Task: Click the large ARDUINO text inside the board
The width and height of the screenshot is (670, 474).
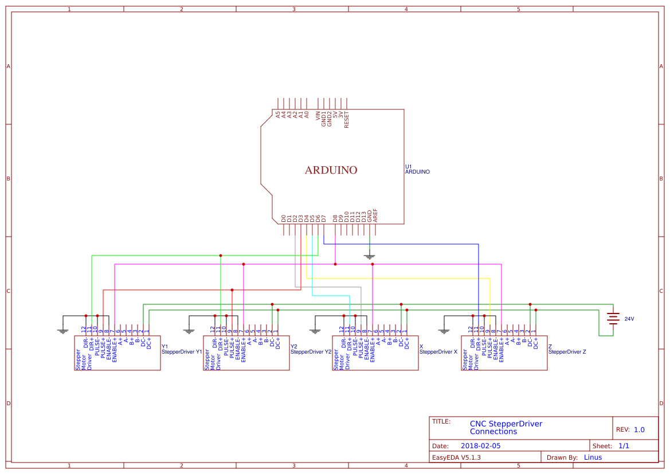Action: click(331, 170)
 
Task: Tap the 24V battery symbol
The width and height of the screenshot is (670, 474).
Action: click(613, 319)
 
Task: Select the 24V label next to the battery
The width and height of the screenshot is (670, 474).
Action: click(629, 319)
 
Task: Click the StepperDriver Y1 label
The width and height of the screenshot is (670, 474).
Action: click(182, 351)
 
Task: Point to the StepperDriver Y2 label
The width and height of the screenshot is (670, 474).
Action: click(311, 351)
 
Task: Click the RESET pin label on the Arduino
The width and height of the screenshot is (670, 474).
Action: click(347, 119)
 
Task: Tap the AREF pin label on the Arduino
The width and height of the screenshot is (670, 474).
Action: click(375, 216)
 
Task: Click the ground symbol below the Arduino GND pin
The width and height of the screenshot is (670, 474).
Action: click(370, 256)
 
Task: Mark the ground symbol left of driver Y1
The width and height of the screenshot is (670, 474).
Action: click(63, 330)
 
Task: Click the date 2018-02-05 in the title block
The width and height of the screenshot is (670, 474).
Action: click(480, 445)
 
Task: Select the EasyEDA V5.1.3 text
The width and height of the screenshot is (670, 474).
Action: click(456, 457)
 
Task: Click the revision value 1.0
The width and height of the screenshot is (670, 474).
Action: click(639, 429)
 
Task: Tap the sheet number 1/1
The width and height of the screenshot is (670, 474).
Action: click(624, 445)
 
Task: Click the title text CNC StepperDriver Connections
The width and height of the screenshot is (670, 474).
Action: click(506, 428)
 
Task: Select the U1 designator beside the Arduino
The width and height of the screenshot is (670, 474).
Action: click(409, 166)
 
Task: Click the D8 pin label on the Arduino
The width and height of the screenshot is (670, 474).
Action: click(335, 218)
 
